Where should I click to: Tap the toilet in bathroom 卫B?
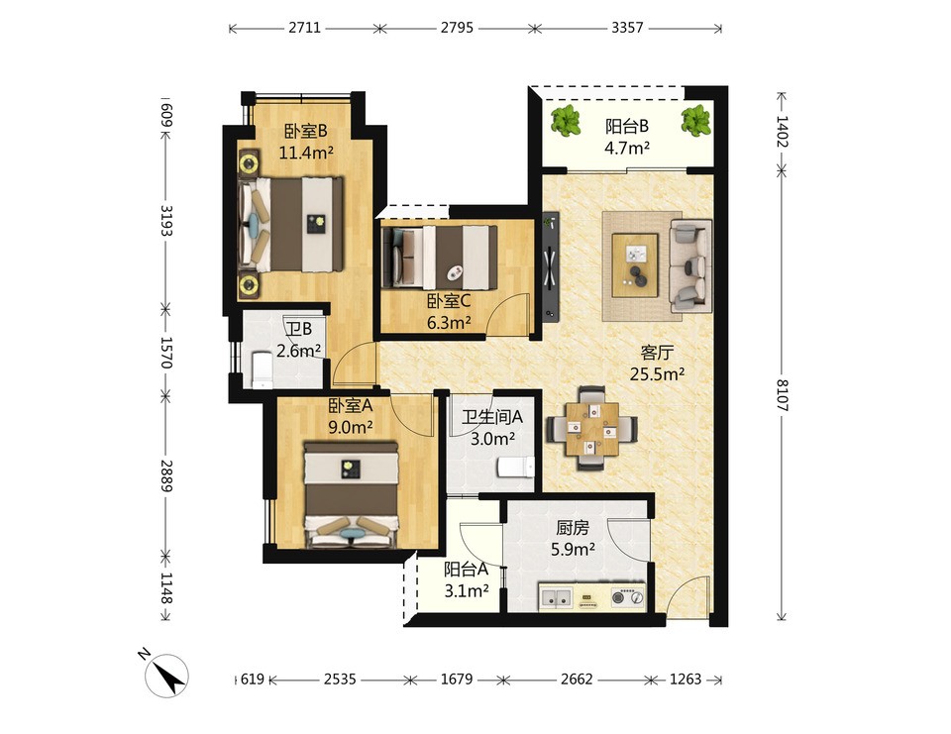[262, 368]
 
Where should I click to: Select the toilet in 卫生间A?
[516, 468]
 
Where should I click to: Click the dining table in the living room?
[592, 429]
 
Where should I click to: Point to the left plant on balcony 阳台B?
[566, 120]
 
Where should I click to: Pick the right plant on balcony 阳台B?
[695, 120]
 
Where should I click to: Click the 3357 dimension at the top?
[627, 28]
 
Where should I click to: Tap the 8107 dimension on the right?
[783, 395]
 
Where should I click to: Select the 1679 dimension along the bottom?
[456, 679]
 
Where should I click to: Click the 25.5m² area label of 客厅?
[657, 373]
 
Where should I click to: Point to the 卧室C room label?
[449, 301]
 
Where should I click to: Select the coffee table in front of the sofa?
[634, 264]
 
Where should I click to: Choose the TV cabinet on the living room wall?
[550, 267]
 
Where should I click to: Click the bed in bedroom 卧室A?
[351, 494]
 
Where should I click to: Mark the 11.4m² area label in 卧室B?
[306, 153]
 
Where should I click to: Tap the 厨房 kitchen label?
[573, 528]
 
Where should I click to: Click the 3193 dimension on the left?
[166, 221]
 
